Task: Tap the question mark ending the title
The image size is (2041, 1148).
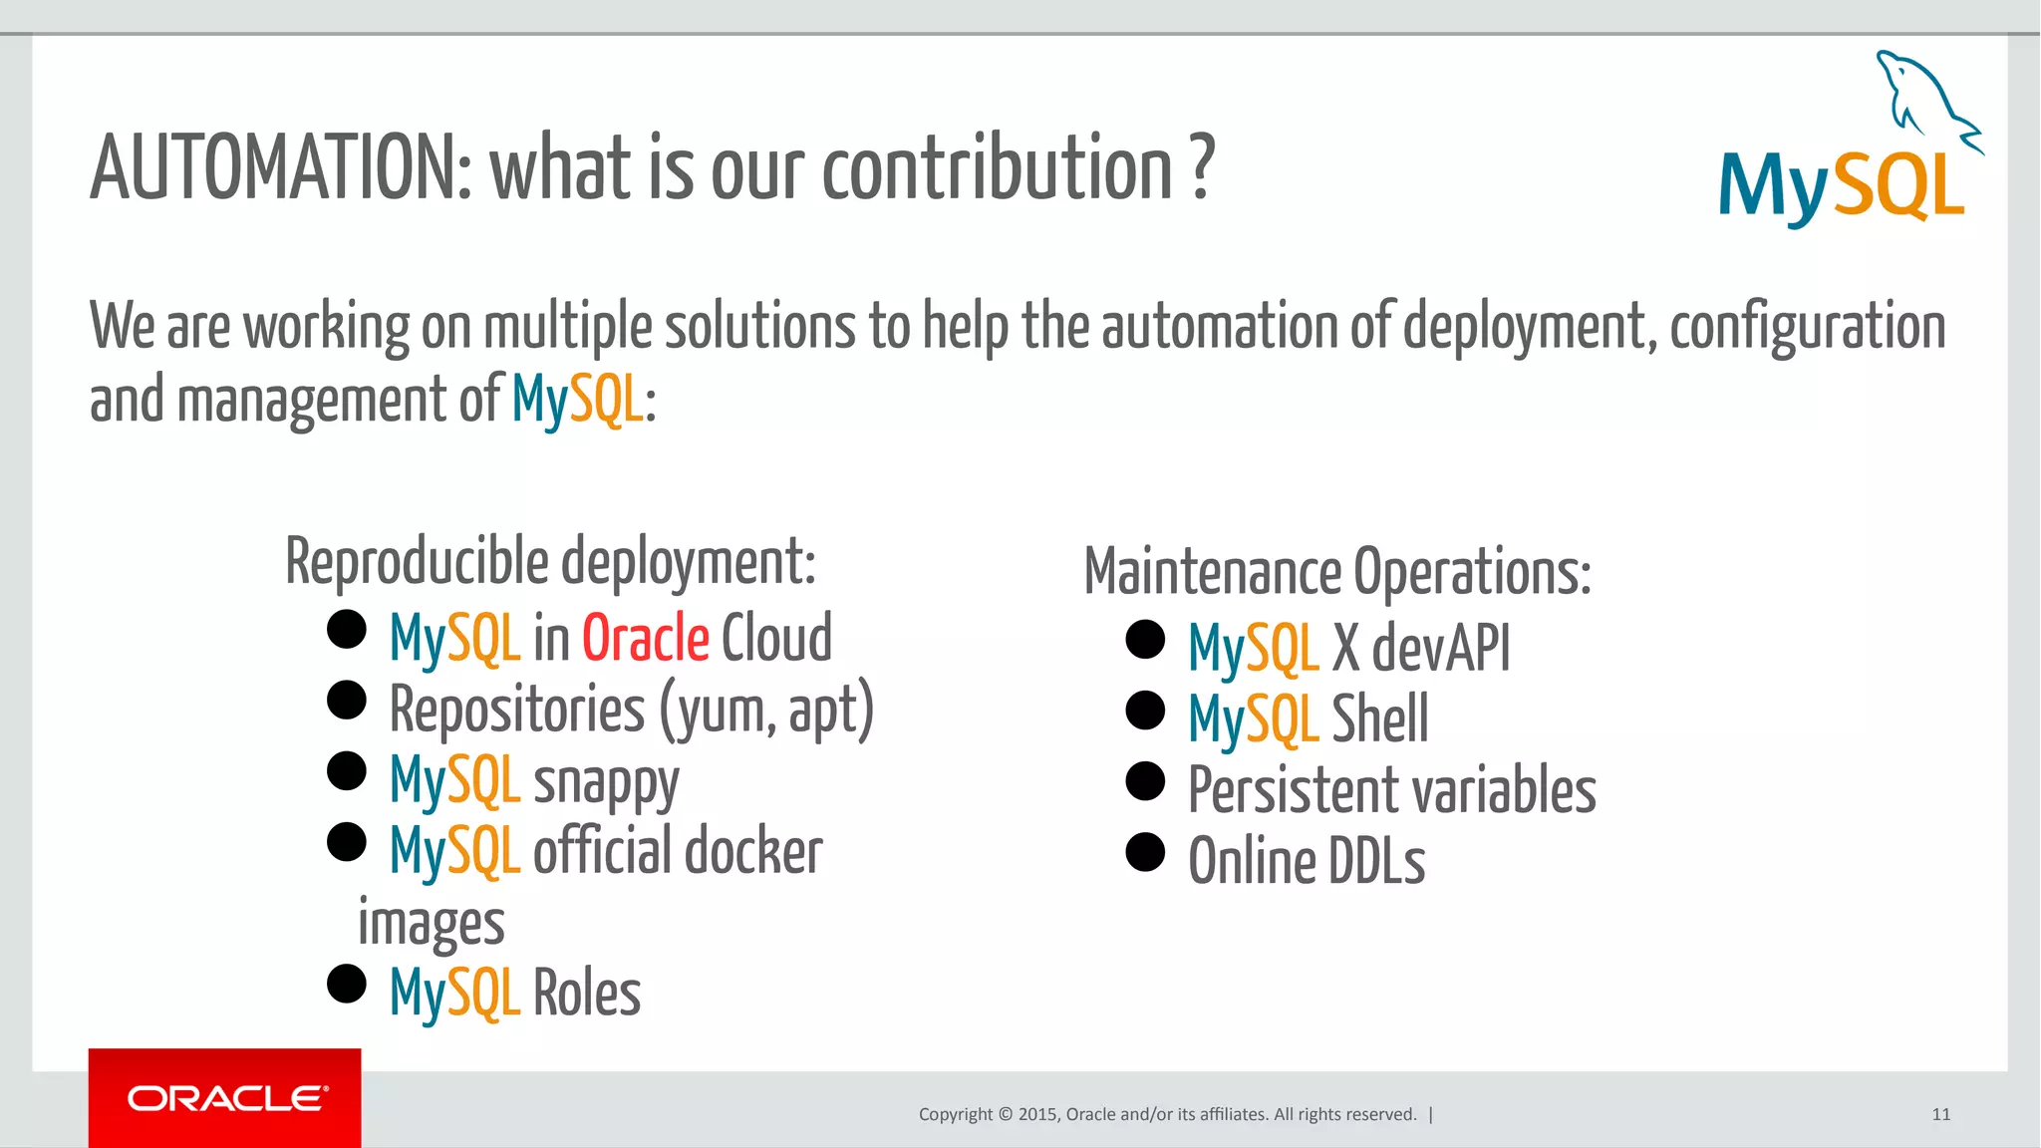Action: coord(1203,167)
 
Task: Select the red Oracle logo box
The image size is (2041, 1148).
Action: coord(225,1097)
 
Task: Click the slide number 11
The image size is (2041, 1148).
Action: coord(1940,1114)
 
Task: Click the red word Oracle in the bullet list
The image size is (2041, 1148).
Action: coord(645,638)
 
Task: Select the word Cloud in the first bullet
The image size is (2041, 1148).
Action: coord(776,638)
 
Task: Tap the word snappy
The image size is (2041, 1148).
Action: coord(606,782)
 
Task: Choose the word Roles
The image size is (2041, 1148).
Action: coord(587,994)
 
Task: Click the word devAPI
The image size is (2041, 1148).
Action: coord(1441,649)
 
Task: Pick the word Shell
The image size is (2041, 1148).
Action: coord(1379,718)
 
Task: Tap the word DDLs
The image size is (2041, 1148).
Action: coord(1376,862)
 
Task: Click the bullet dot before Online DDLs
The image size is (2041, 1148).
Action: coord(1145,852)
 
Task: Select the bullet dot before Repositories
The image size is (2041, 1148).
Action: coord(347,700)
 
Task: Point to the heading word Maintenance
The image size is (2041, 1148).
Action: coord(1212,573)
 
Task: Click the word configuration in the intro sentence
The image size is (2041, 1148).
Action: coord(1807,327)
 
